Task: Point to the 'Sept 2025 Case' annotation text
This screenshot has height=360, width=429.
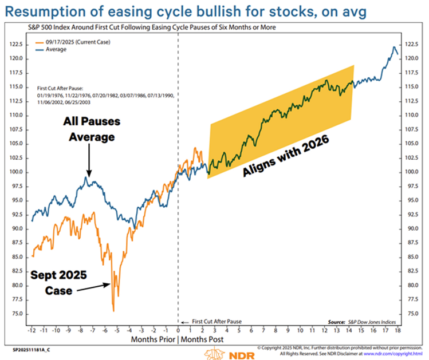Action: [x=60, y=283]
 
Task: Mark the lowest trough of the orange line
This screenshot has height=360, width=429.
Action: [x=113, y=310]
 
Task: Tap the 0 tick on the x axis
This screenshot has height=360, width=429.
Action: [x=178, y=330]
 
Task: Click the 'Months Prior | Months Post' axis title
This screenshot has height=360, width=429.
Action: [x=179, y=340]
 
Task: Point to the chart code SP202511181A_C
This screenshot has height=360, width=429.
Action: [x=31, y=349]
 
